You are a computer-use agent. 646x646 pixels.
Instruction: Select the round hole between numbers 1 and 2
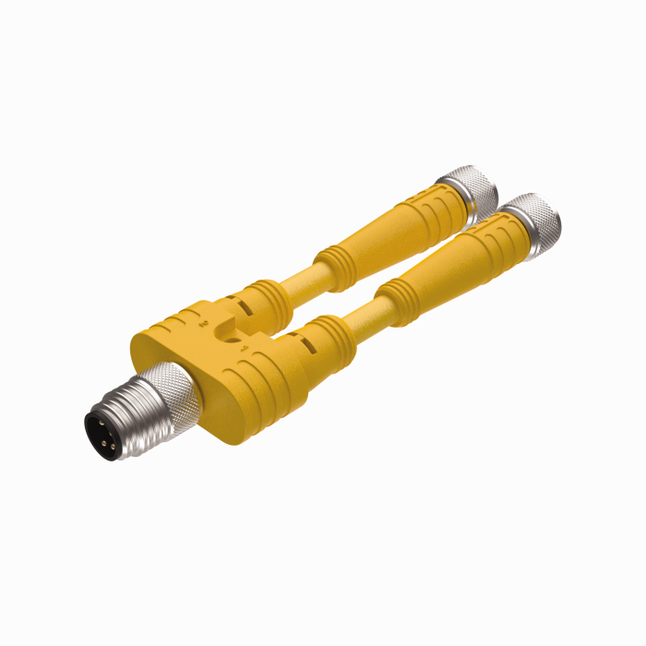click(x=222, y=332)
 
